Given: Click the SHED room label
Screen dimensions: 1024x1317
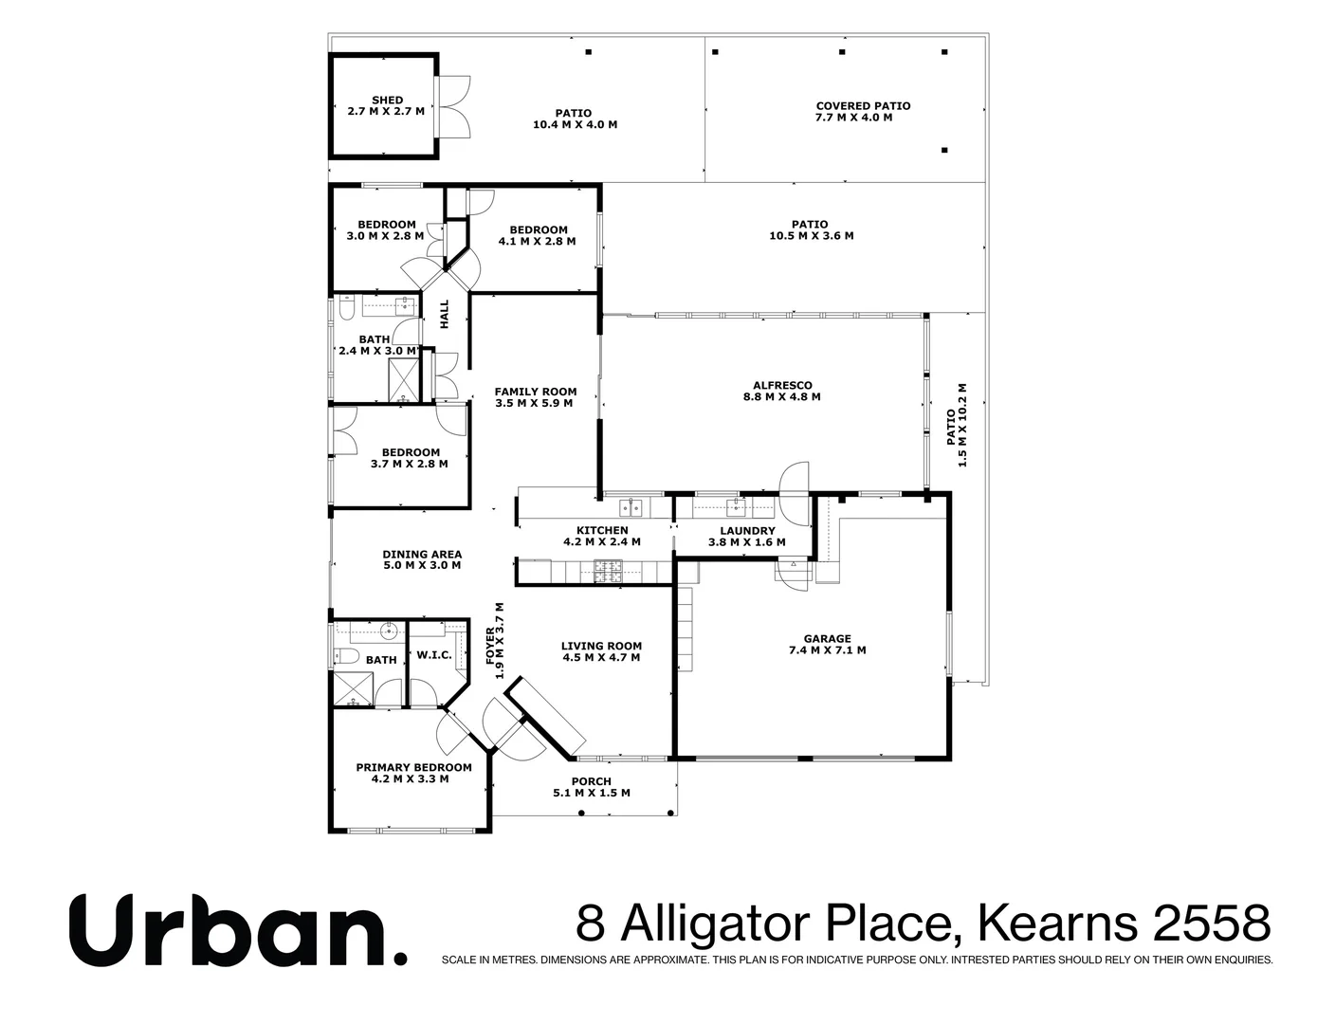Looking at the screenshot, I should (387, 100).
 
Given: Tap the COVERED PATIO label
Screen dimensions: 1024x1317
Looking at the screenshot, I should (863, 106).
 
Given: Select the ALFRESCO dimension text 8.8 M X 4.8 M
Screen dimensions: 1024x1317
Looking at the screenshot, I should (781, 397).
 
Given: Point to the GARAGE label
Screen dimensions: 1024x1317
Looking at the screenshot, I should (827, 638).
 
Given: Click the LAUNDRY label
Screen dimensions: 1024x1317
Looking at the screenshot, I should (747, 531).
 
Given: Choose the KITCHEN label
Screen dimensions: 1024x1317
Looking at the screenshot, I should (602, 530).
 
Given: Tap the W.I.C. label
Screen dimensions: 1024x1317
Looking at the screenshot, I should (433, 655).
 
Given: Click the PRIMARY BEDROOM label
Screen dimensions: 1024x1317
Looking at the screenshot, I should (413, 767).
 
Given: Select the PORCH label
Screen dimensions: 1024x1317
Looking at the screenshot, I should (591, 781).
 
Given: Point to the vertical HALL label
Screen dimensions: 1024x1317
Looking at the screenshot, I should (444, 315).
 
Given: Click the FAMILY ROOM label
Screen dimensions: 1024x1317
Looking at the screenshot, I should (536, 392).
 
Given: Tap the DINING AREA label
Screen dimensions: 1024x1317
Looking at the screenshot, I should (422, 555).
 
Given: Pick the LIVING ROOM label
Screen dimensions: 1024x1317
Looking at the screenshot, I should (602, 646).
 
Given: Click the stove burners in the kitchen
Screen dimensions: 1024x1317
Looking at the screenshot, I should (608, 571).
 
